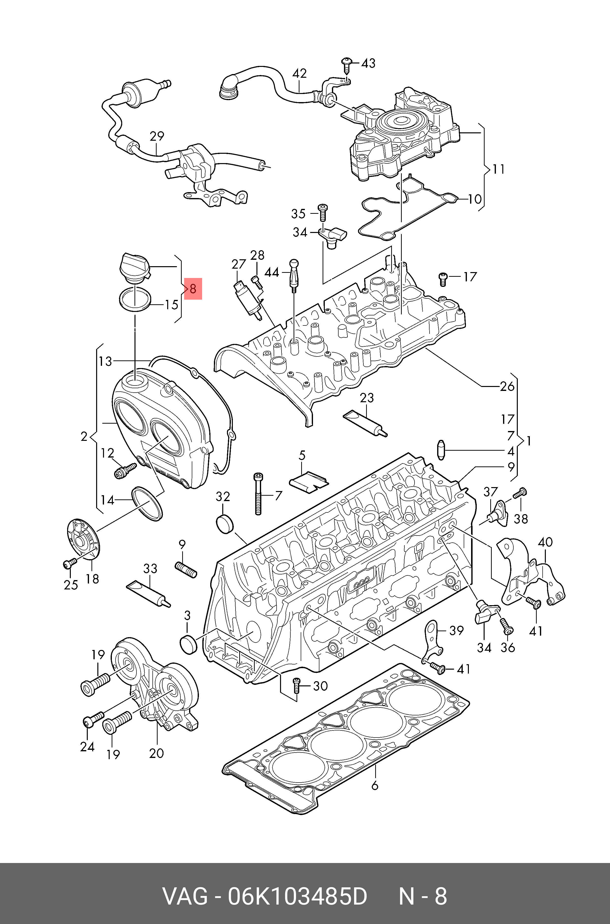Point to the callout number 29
[157, 136]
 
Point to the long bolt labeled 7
[258, 493]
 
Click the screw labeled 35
[323, 213]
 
